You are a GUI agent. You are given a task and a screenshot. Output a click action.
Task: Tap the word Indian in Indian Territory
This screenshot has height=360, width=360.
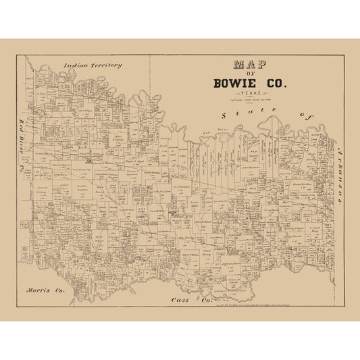coord(77,66)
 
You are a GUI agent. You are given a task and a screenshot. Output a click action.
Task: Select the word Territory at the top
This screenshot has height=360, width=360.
coord(105,66)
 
